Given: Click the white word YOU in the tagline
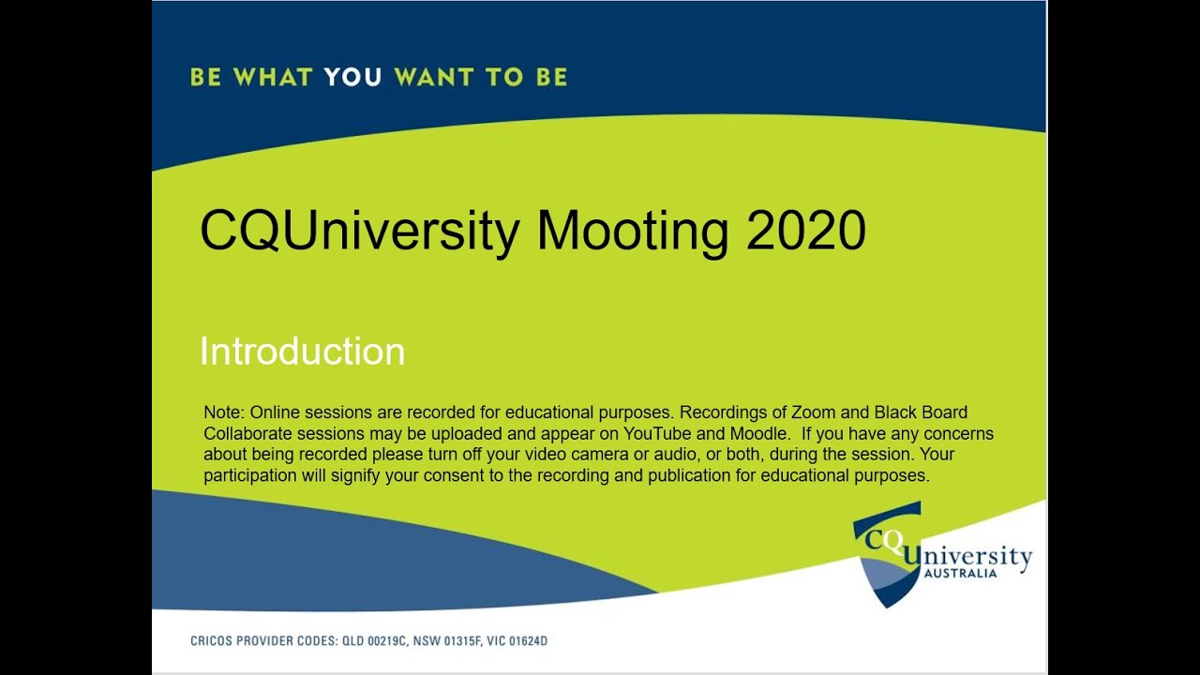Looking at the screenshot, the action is click(352, 77).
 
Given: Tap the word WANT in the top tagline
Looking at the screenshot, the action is click(434, 77).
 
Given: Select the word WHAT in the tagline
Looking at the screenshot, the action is click(273, 77).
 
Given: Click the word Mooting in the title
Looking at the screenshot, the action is click(632, 232).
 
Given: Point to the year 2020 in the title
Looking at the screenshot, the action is click(805, 231).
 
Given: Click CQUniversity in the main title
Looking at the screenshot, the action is click(360, 232).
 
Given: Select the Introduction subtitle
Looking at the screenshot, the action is click(302, 352).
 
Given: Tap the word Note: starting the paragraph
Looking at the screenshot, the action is click(224, 412).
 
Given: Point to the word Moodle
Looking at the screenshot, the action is click(760, 433).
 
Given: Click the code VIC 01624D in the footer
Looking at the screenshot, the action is click(517, 641).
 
